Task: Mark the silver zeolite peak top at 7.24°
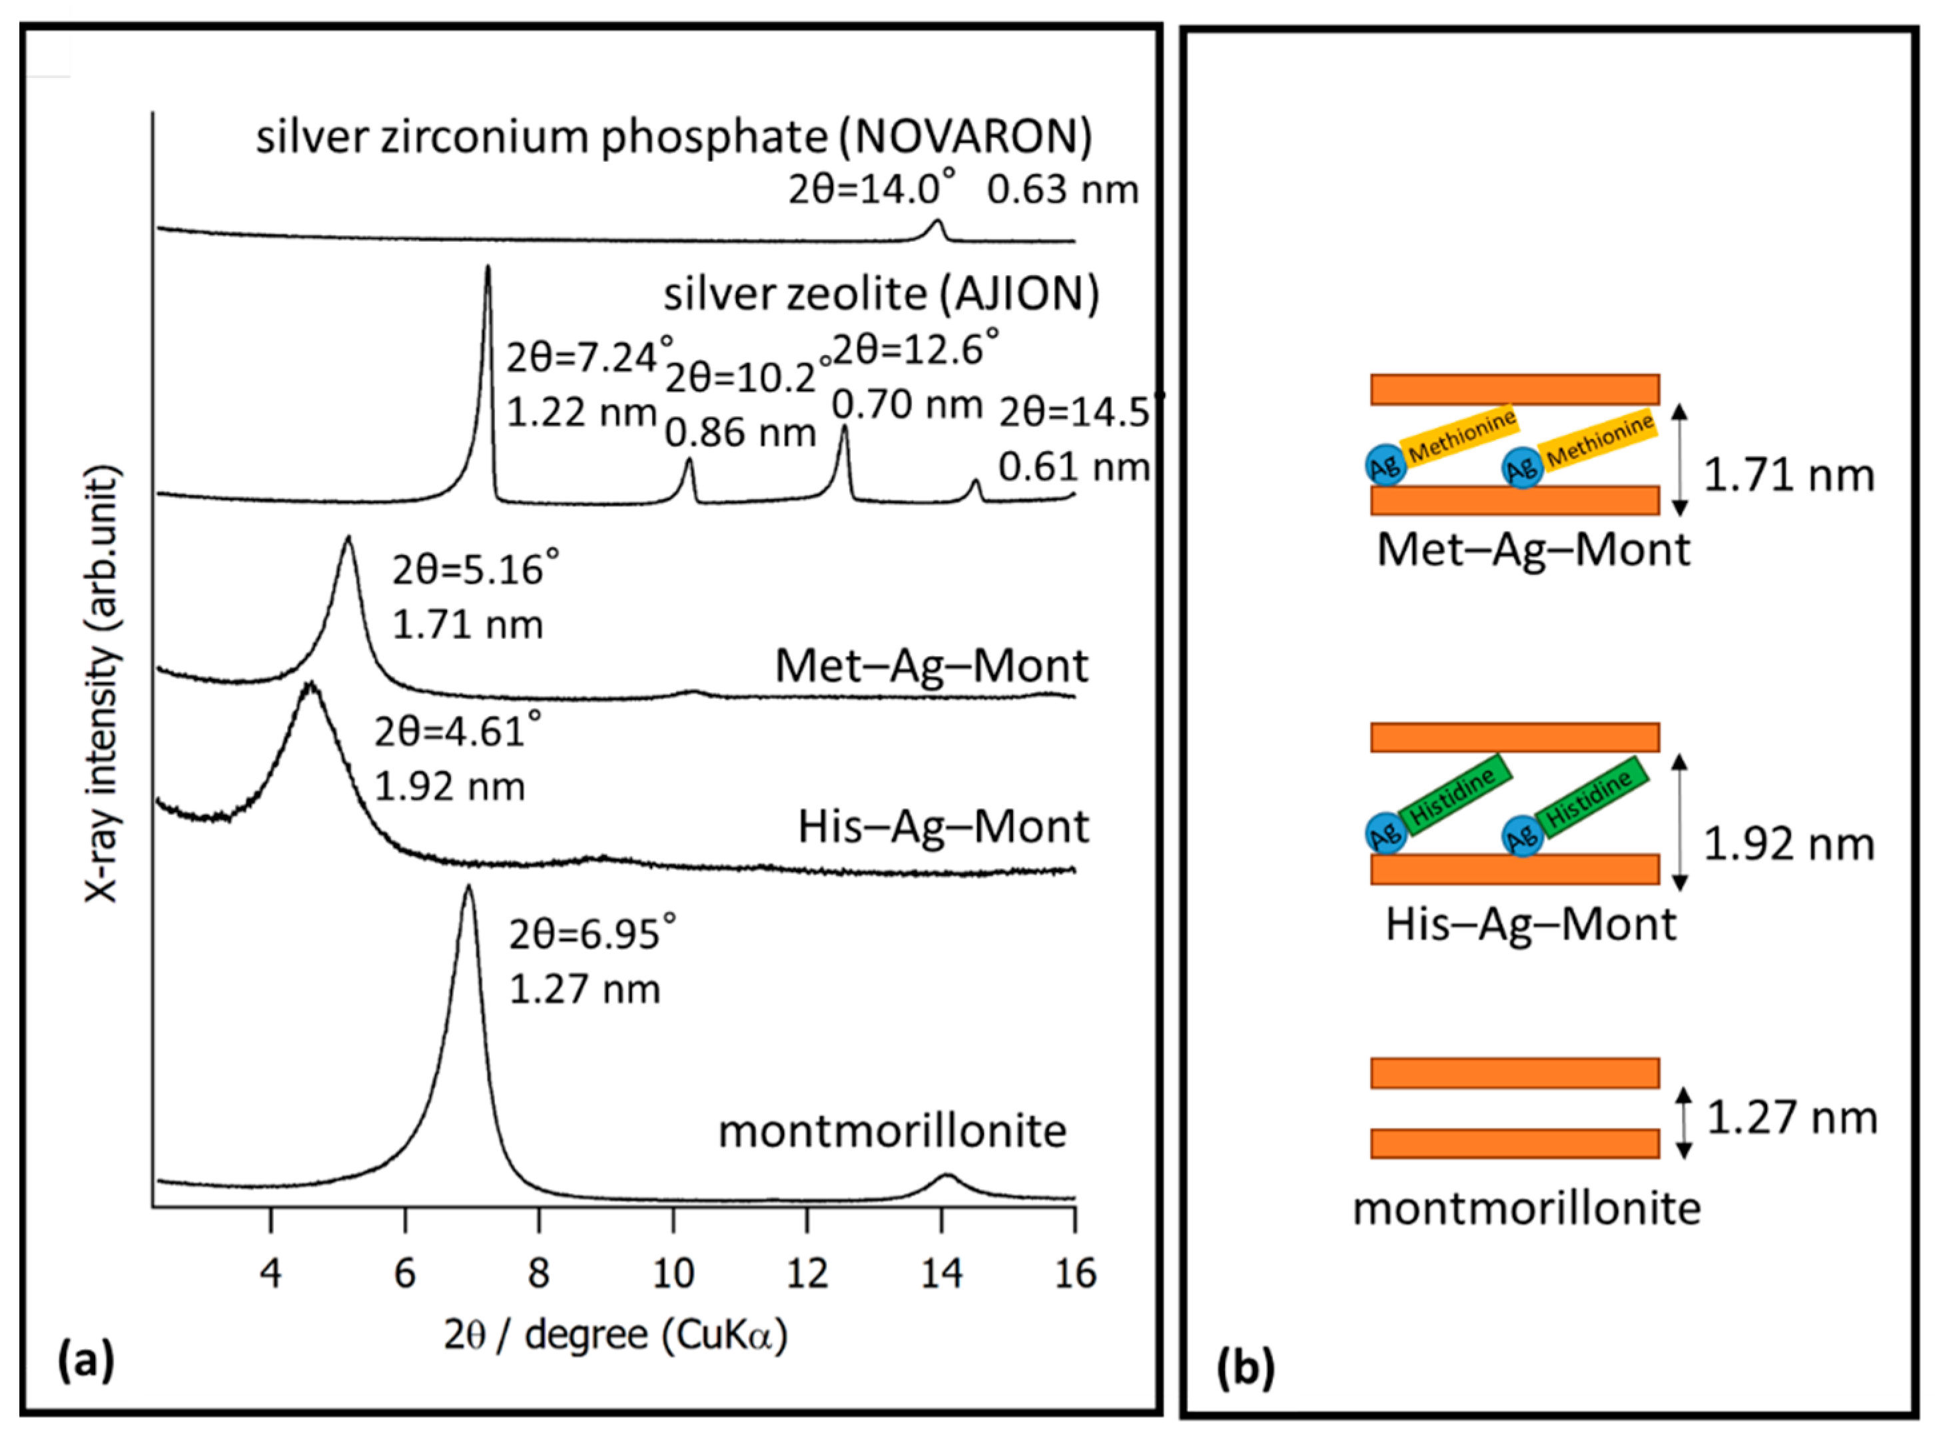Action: coord(487,267)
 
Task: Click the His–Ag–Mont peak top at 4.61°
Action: coord(310,686)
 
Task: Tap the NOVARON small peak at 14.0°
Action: coord(937,221)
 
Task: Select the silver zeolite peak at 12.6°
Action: coord(843,427)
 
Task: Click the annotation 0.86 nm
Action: coord(740,433)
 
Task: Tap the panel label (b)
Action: coord(1246,1368)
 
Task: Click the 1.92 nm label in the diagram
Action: coord(1788,845)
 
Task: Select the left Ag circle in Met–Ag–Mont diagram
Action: coord(1385,466)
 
